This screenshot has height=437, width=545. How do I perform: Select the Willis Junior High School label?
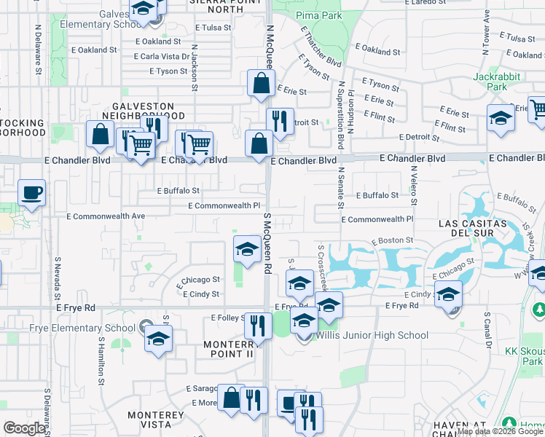(x=372, y=336)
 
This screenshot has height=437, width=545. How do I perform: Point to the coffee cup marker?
(x=31, y=193)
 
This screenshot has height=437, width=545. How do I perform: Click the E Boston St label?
(x=392, y=240)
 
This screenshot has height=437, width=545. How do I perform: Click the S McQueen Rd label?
(x=267, y=243)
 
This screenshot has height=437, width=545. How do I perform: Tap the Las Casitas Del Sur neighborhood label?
(x=472, y=228)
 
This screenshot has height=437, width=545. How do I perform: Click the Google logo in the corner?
(x=24, y=428)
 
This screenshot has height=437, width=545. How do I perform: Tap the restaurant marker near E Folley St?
(x=258, y=326)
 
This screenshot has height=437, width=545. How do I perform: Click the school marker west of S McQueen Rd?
(x=247, y=249)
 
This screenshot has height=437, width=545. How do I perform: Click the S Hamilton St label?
(x=101, y=357)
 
